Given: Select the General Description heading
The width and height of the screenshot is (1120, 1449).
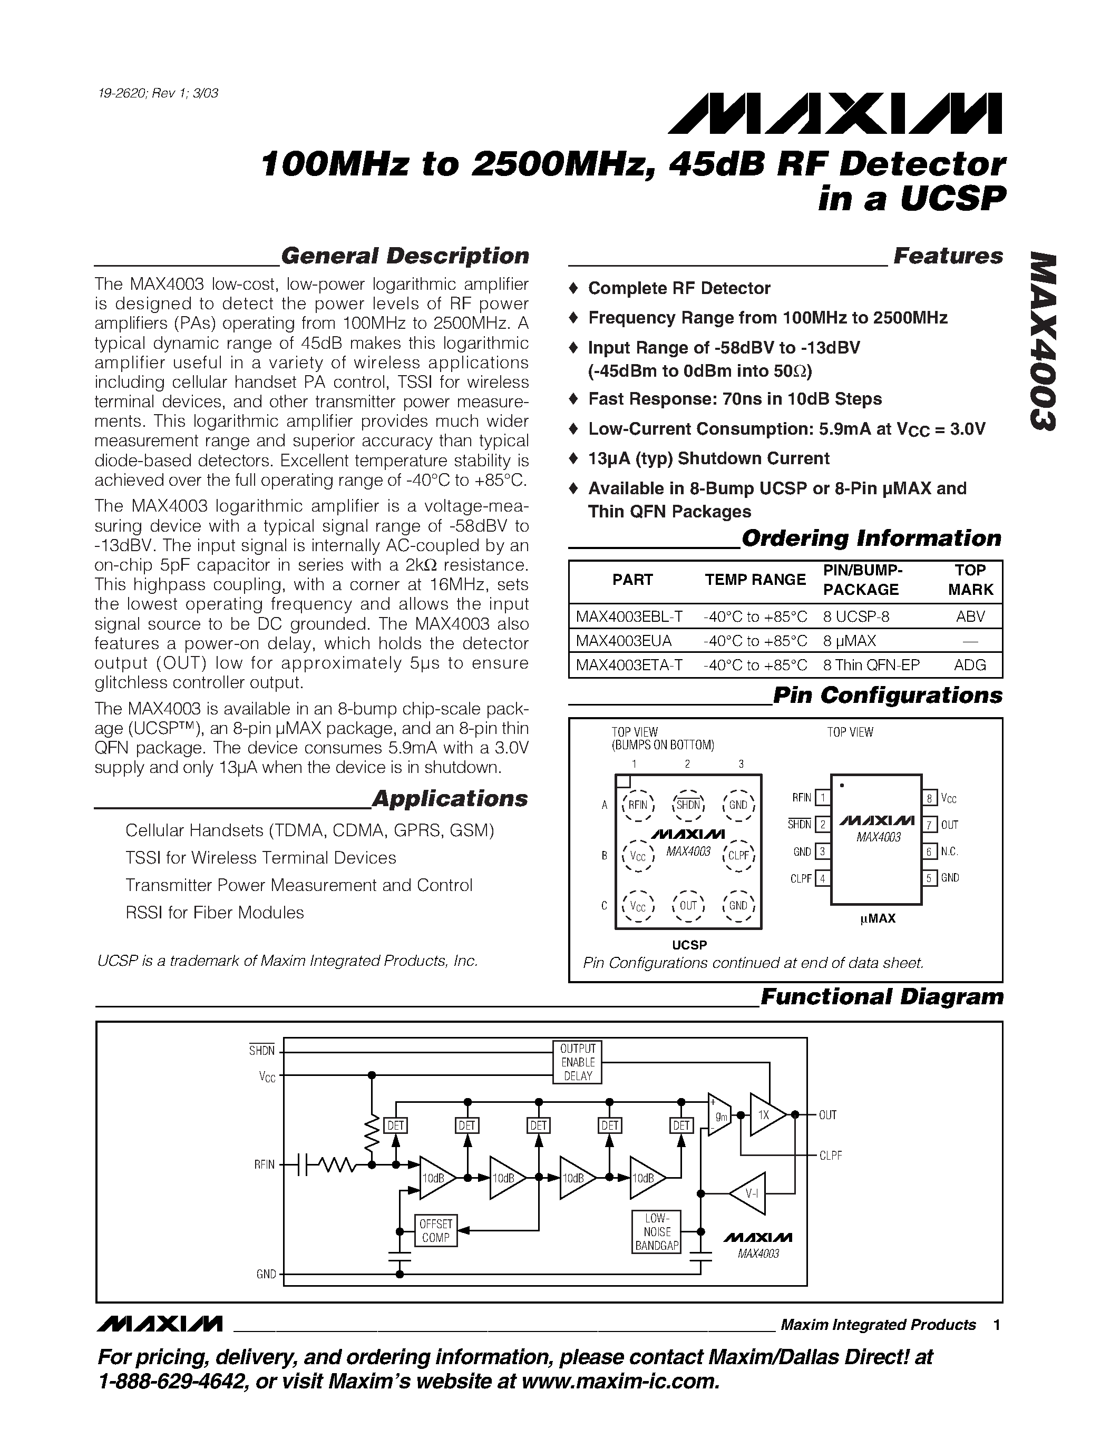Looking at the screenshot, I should (x=405, y=256).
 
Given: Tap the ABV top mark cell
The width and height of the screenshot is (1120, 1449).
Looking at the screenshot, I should (x=970, y=616).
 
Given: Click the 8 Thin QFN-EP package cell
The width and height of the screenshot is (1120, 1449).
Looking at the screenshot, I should (x=871, y=665).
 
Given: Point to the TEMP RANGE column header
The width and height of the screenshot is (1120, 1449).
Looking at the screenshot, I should (x=755, y=580).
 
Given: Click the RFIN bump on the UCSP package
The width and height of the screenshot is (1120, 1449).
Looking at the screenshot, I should (x=638, y=806).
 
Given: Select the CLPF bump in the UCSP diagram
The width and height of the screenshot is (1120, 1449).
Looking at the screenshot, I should (x=738, y=856).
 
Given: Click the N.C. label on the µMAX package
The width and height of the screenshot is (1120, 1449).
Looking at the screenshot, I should (x=949, y=851).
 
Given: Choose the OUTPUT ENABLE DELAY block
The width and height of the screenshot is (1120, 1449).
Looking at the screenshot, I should (x=577, y=1062).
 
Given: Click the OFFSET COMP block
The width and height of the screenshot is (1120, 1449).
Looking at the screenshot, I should (x=435, y=1231).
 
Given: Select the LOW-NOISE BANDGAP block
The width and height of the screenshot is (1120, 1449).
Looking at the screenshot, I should (x=657, y=1232).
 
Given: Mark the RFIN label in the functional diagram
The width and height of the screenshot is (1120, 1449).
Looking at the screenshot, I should (x=264, y=1165).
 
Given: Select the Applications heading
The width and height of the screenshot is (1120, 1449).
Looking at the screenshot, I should (x=450, y=799).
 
